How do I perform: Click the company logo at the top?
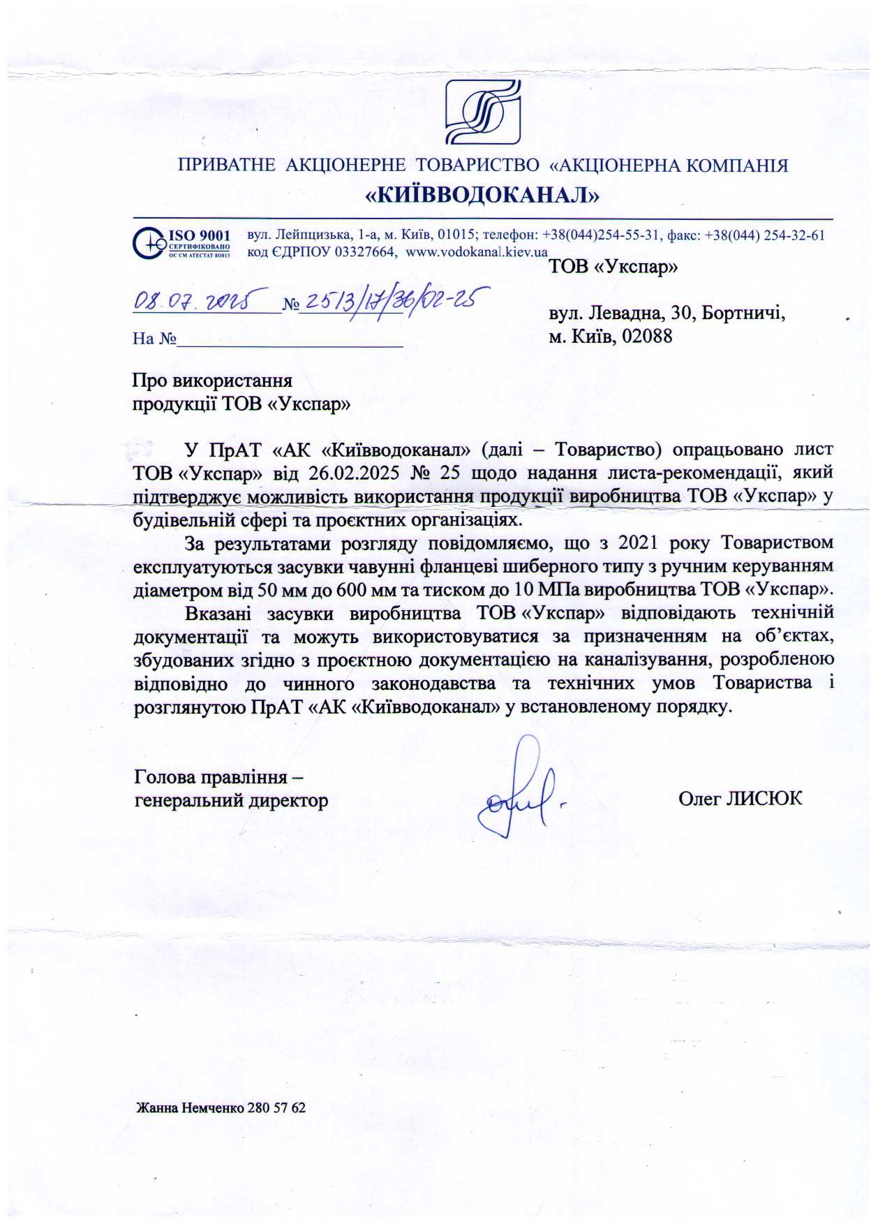tap(483, 112)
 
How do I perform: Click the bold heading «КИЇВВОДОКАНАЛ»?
tap(483, 196)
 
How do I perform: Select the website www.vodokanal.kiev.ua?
tap(477, 252)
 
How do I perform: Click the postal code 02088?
tap(647, 337)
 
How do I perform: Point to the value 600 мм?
tap(367, 589)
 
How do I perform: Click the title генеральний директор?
tap(231, 800)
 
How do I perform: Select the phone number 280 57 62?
tap(276, 1107)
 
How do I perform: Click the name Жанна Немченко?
tap(190, 1107)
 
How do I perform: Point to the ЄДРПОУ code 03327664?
tap(365, 252)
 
